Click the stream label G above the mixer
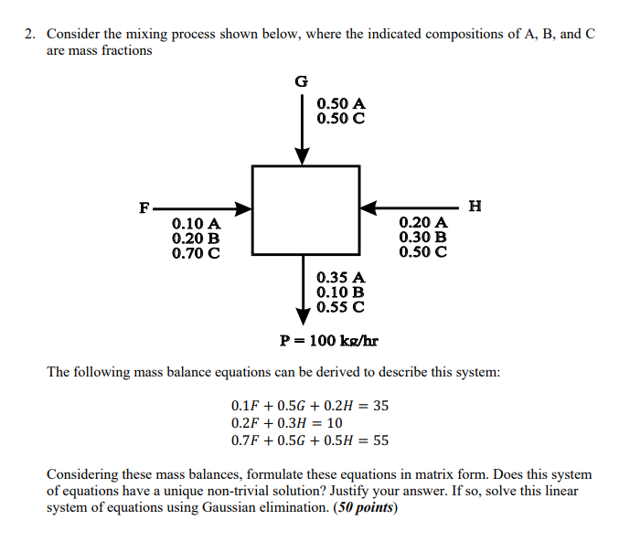click(302, 81)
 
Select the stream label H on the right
click(474, 206)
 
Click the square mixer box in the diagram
click(305, 209)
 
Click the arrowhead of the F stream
click(243, 209)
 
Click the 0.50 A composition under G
click(341, 104)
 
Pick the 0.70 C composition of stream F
click(196, 251)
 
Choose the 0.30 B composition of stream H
click(423, 237)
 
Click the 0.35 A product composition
click(341, 277)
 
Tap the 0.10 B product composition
click(341, 292)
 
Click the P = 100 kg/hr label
click(329, 342)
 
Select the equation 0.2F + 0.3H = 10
click(287, 423)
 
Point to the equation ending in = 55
click(310, 440)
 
